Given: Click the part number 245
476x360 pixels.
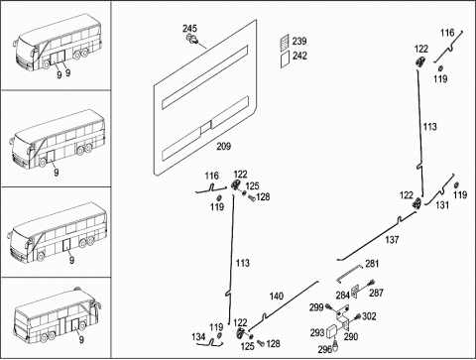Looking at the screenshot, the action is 189,29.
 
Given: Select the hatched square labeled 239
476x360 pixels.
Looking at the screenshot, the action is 285,42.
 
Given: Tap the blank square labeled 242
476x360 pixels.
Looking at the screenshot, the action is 285,60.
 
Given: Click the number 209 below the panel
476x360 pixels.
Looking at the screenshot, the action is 224,146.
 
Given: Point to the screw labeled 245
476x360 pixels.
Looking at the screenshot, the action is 192,39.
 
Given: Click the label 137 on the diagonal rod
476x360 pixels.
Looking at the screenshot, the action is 392,239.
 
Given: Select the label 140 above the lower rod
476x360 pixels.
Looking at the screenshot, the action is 277,296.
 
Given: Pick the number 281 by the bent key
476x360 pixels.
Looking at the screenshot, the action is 372,264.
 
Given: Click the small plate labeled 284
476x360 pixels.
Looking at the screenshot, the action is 355,292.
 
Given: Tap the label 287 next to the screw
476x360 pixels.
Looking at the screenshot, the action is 376,293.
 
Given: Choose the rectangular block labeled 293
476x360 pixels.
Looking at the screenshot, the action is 332,332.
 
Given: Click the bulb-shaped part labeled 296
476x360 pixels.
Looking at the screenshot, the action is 336,345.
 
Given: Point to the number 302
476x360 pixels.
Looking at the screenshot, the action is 369,316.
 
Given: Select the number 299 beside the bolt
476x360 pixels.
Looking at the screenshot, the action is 316,307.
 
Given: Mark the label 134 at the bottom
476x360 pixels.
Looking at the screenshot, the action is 198,337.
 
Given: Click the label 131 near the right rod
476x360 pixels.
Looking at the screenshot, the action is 442,205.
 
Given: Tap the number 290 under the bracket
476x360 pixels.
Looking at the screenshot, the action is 351,336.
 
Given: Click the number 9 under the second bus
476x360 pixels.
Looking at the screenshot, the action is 57,173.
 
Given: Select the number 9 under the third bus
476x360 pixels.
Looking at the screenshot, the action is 71,260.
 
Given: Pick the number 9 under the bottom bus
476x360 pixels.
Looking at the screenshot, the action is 81,339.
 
